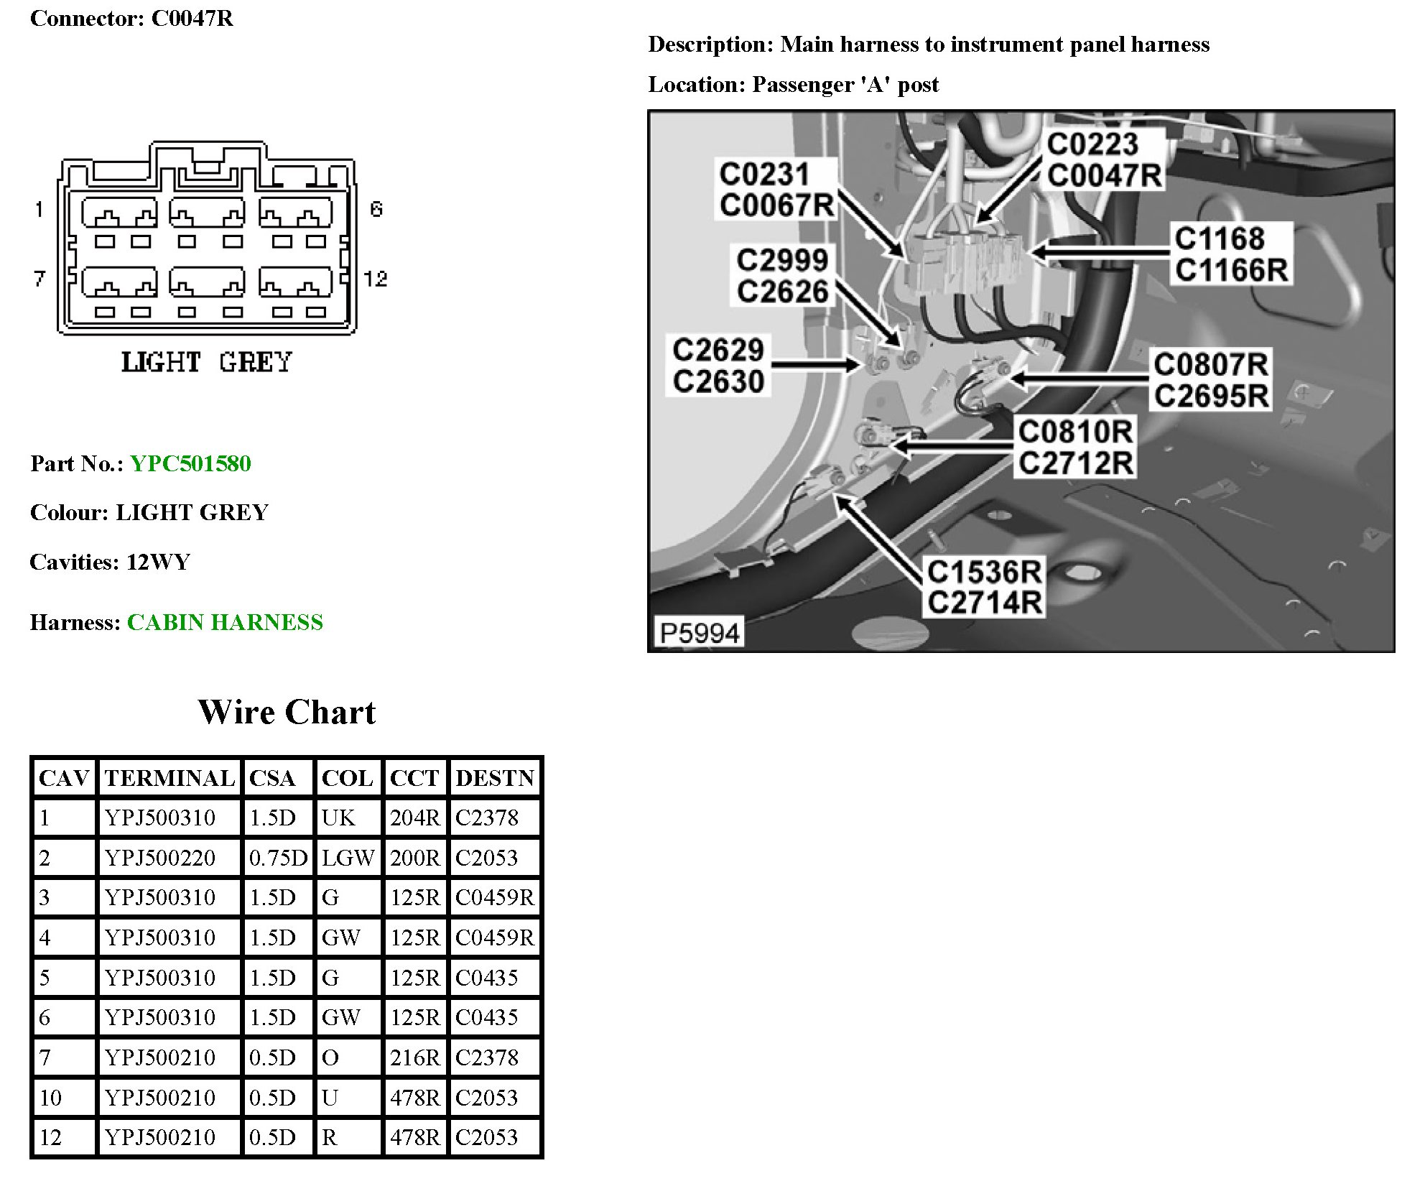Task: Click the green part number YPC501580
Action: pos(190,463)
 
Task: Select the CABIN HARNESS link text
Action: pos(225,622)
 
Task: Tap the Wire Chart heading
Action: pos(287,712)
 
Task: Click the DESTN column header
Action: pos(495,778)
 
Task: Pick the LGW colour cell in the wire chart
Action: pos(348,858)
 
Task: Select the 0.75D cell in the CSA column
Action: pos(278,858)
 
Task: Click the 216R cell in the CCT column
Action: pos(415,1057)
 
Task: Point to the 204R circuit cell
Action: pos(415,818)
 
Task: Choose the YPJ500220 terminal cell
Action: pos(160,858)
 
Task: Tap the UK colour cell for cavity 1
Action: pos(338,818)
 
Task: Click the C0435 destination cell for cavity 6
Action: pos(487,1017)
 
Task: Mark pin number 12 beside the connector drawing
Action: pos(375,279)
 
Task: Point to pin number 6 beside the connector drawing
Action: pos(376,209)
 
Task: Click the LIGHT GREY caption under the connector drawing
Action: pos(206,362)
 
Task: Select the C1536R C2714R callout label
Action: pos(984,587)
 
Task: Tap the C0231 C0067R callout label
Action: pos(776,190)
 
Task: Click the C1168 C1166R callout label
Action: pos(1231,254)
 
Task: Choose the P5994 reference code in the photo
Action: pos(699,634)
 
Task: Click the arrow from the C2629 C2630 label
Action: pos(814,366)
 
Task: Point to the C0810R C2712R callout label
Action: pos(1075,448)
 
